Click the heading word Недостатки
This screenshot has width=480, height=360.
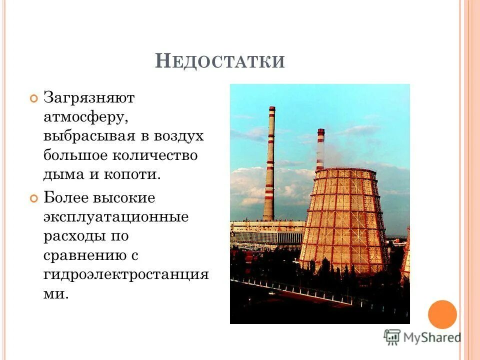coord(220,61)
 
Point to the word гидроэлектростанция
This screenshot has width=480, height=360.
coord(125,274)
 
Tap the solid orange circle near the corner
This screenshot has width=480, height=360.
coord(442,314)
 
